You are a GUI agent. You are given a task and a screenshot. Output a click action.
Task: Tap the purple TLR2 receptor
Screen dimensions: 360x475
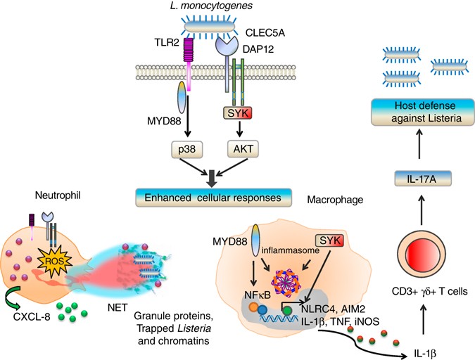click(188, 53)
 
